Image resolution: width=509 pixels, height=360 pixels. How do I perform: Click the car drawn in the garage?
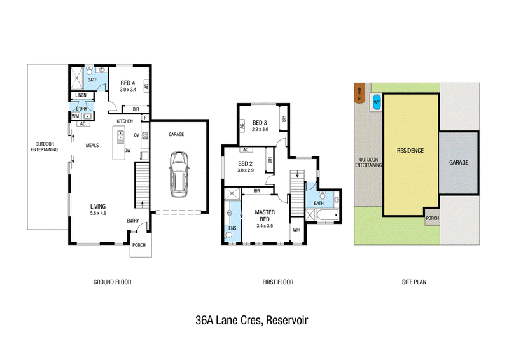[178, 174]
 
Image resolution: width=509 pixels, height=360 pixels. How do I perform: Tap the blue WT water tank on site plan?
[377, 103]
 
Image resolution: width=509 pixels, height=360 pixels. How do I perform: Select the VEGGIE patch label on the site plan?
[359, 93]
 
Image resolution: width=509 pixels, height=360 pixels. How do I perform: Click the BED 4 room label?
[128, 83]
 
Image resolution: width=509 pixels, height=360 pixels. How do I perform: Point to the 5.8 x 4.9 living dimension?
[98, 213]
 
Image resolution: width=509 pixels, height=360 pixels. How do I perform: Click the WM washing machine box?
[75, 116]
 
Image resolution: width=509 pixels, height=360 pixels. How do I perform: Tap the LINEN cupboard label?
[81, 95]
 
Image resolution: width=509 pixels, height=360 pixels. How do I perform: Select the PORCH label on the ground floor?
[139, 245]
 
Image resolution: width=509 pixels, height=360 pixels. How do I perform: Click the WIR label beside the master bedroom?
[296, 230]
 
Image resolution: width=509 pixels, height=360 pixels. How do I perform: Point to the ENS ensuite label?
[232, 228]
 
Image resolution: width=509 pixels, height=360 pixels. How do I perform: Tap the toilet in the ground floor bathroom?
[89, 71]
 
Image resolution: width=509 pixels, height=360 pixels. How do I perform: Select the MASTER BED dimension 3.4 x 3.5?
[265, 226]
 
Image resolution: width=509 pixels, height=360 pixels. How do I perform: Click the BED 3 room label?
[260, 123]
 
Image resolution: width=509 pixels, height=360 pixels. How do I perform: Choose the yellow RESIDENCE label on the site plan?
[410, 151]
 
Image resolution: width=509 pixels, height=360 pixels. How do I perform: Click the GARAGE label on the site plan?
[459, 162]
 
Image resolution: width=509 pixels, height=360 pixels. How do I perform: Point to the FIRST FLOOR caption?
[278, 282]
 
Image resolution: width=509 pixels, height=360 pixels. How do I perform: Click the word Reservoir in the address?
[287, 321]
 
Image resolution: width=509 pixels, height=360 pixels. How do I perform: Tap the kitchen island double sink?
[120, 137]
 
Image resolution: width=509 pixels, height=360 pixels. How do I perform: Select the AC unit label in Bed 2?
[246, 149]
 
